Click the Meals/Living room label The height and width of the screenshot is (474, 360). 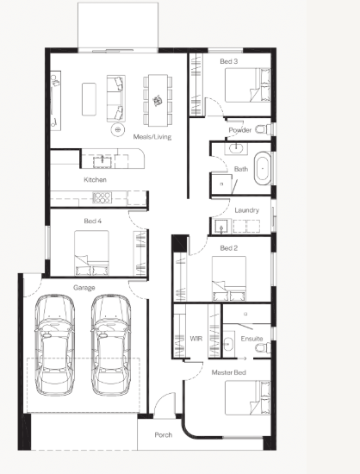tap(152, 137)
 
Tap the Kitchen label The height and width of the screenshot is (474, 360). tap(95, 179)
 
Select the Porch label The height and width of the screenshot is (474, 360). tap(164, 434)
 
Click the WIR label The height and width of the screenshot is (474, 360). tap(196, 339)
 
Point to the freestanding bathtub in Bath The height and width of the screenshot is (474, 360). tap(263, 168)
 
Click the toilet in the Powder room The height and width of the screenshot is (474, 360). tap(264, 129)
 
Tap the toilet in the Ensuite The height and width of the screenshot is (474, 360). tap(263, 347)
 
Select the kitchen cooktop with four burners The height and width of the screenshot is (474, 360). tap(102, 197)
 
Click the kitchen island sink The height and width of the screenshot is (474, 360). tap(102, 161)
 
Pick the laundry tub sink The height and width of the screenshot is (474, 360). tap(221, 227)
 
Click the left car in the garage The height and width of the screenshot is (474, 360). tap(54, 345)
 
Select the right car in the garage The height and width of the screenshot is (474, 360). tap(111, 345)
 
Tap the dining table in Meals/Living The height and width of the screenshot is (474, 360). tap(158, 100)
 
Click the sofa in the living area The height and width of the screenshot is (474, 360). tap(116, 98)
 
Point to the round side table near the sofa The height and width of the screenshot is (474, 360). tap(118, 130)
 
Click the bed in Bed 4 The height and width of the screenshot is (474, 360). tap(91, 253)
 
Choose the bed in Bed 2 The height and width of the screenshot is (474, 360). tap(229, 278)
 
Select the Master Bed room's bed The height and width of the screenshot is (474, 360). tap(247, 397)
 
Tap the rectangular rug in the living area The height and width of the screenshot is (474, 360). tap(89, 99)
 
